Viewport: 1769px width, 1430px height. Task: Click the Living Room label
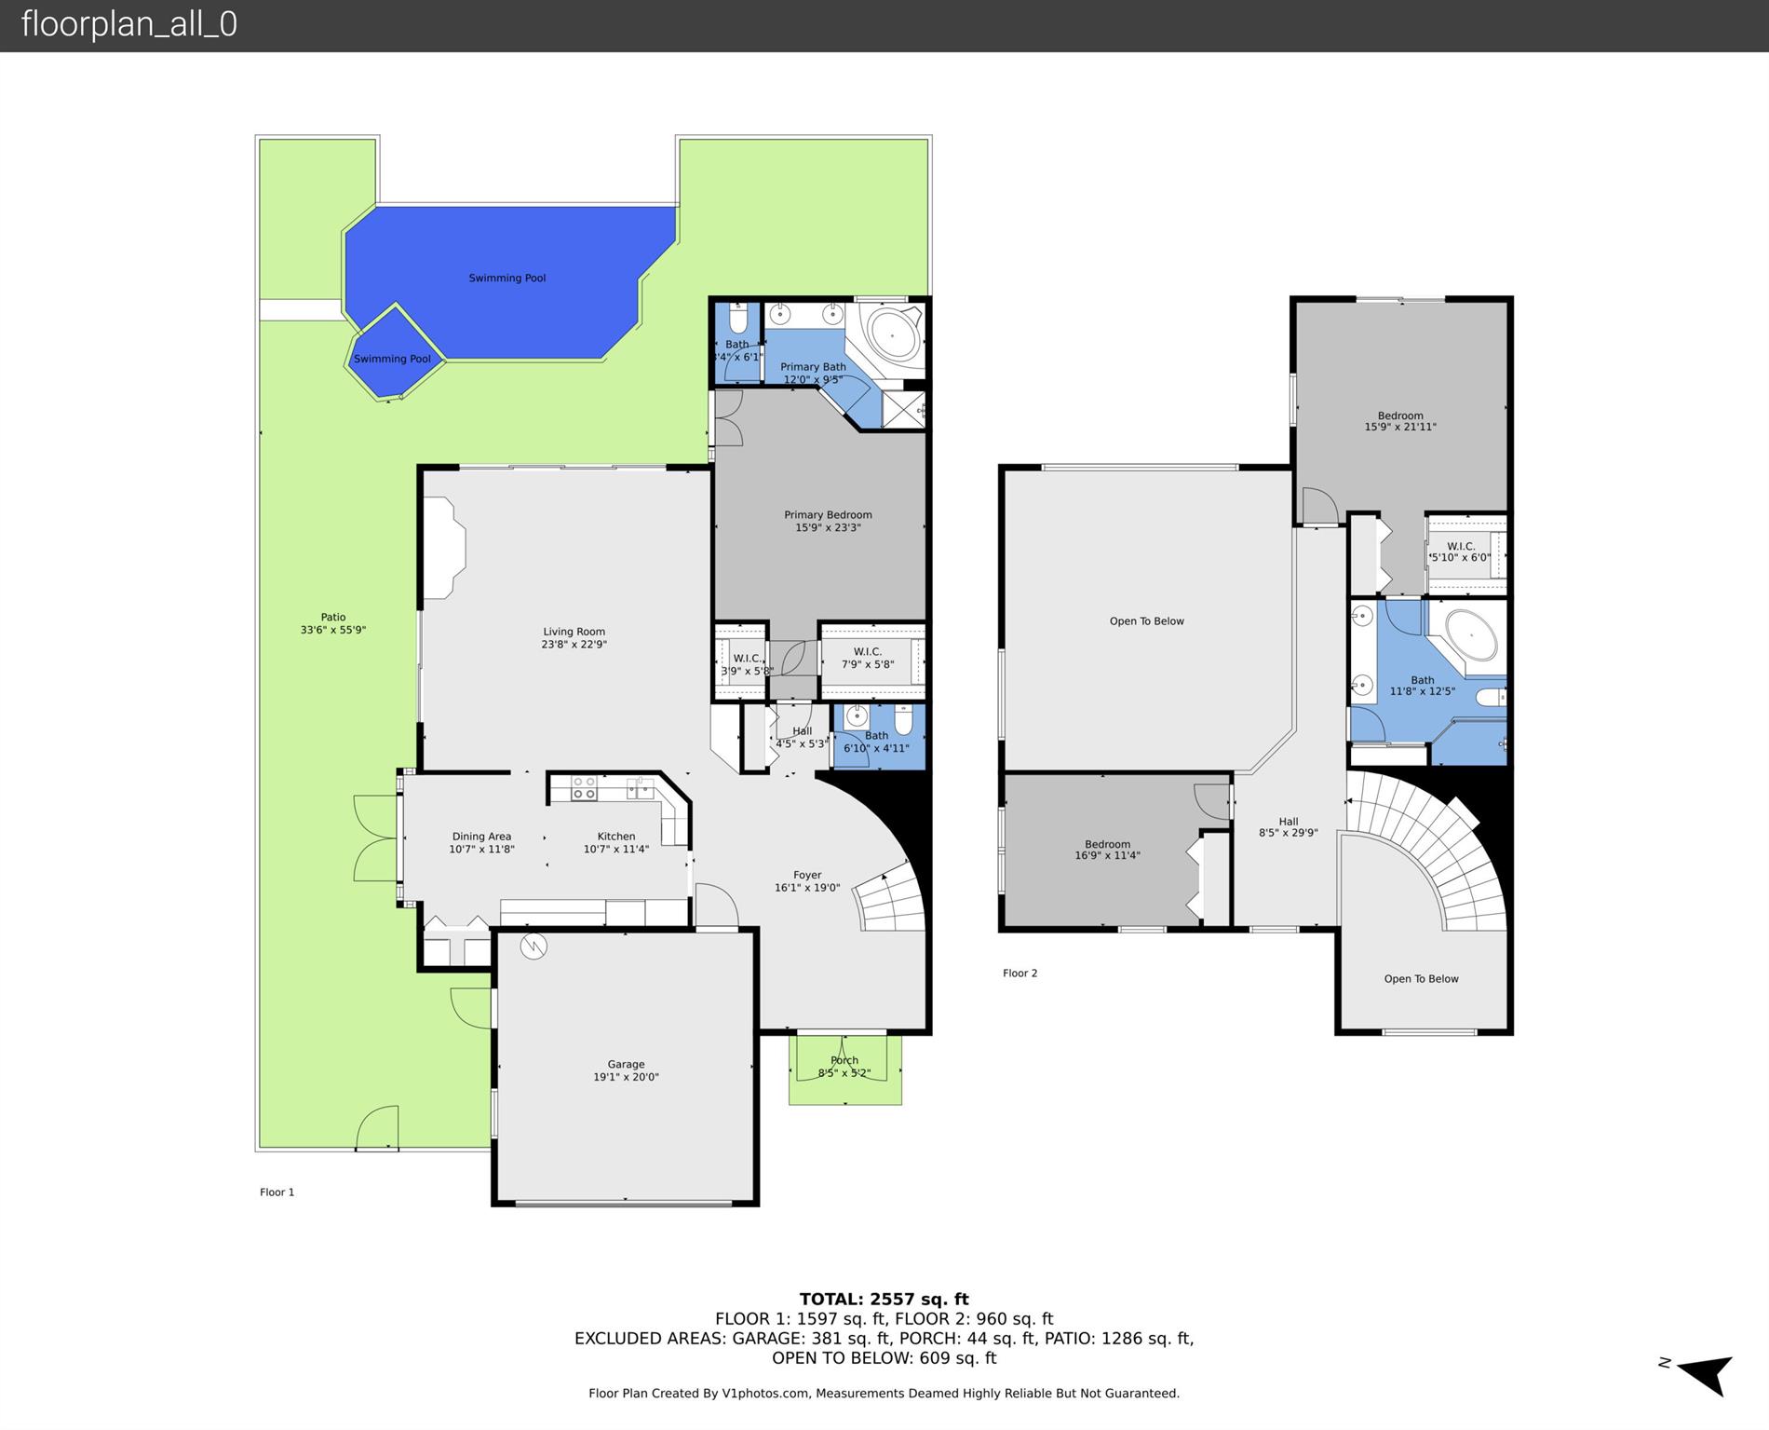(x=574, y=632)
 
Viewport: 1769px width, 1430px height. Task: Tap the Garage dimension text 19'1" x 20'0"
(x=626, y=1077)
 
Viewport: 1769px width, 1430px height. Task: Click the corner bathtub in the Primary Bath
(x=893, y=334)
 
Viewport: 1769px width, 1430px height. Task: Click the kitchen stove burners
(x=584, y=788)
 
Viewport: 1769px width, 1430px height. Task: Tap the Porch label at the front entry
(x=844, y=1060)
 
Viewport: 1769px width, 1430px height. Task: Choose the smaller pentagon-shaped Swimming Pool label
(x=392, y=359)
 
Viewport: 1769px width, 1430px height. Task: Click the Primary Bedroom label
(x=828, y=514)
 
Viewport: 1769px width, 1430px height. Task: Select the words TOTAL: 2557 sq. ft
(x=884, y=1299)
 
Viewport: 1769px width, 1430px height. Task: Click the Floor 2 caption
(x=1020, y=973)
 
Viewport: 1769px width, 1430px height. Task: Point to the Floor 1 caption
(x=277, y=1192)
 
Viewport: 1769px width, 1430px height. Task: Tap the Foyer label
(x=807, y=875)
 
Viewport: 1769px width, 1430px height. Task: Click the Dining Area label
(x=481, y=837)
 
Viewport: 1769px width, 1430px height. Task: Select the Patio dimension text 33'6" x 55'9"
(x=333, y=630)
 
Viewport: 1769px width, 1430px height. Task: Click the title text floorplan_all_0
(x=129, y=24)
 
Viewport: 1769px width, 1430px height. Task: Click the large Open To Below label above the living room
(x=1146, y=621)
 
